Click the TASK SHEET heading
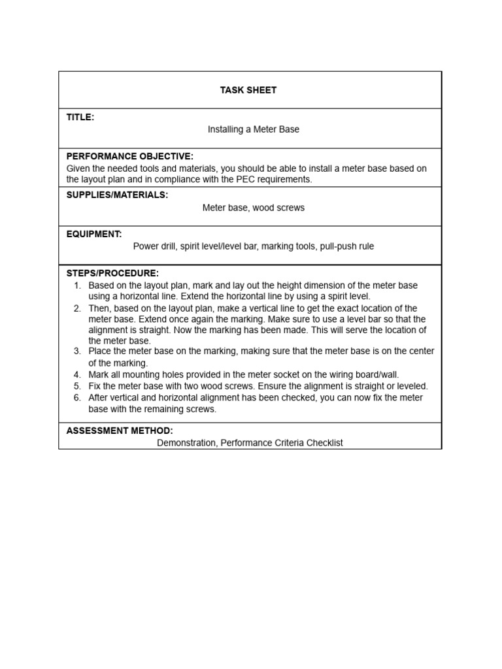(x=248, y=90)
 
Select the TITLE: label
(x=80, y=117)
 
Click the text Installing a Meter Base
(x=253, y=129)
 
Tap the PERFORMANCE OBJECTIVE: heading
(x=129, y=157)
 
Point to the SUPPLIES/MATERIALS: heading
(x=117, y=195)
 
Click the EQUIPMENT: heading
(x=94, y=234)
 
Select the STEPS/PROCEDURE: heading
(x=112, y=273)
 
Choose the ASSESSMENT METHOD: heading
(x=120, y=431)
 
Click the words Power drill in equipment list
(x=154, y=246)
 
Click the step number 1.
(x=76, y=286)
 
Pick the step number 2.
(x=76, y=308)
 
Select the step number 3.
(x=76, y=351)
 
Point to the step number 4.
(x=76, y=374)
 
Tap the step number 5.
(x=76, y=386)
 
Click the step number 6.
(x=76, y=397)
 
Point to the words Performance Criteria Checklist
(x=281, y=443)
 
